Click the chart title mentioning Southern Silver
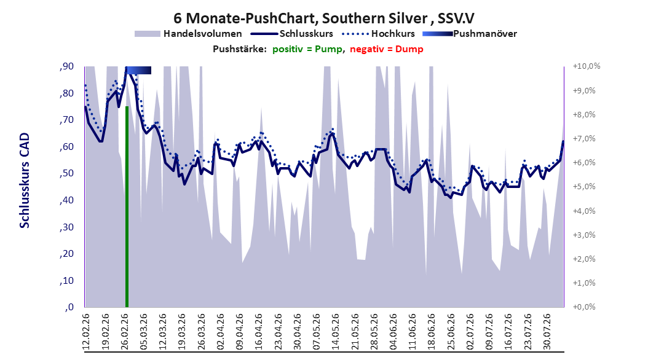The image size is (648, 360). (x=324, y=18)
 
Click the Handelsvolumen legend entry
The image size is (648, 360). (x=189, y=34)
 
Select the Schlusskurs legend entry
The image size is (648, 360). (x=292, y=34)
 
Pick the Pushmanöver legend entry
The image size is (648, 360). (x=470, y=34)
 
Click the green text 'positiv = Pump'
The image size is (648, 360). (x=307, y=49)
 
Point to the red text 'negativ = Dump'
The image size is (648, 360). (x=387, y=49)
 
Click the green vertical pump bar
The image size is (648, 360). (x=127, y=206)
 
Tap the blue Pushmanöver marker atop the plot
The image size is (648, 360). (x=138, y=70)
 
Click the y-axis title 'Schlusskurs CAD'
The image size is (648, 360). (x=25, y=181)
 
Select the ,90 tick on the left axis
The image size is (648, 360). (x=66, y=66)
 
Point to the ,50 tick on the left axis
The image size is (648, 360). (x=66, y=173)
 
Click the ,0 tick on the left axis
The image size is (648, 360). (x=69, y=307)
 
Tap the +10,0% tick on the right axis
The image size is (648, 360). (x=587, y=66)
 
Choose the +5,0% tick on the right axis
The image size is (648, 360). (x=584, y=187)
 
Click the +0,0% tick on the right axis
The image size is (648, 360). (x=584, y=307)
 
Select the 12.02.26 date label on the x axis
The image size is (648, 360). (x=86, y=332)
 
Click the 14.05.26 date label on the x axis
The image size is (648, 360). (x=335, y=332)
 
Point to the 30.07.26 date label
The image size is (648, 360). (x=547, y=332)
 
